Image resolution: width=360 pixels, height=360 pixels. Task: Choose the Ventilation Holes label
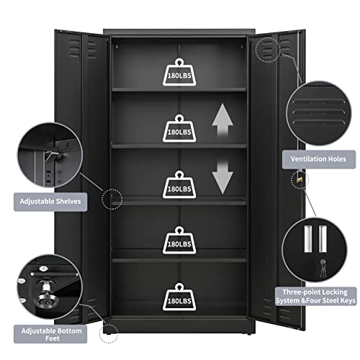pyautogui.click(x=318, y=158)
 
